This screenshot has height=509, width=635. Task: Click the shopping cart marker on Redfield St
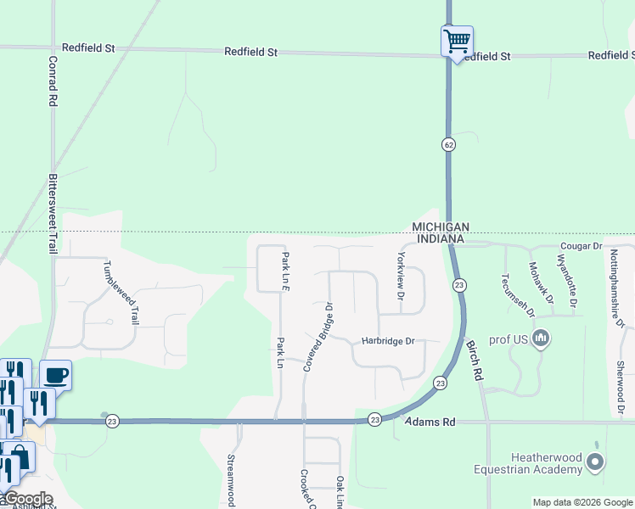click(457, 41)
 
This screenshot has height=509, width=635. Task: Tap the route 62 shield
click(447, 144)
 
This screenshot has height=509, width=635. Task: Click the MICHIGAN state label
click(441, 227)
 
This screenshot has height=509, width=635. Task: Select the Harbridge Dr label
click(387, 342)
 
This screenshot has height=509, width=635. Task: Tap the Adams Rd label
click(430, 422)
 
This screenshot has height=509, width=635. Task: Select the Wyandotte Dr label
click(567, 280)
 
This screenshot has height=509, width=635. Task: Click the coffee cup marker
click(56, 374)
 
